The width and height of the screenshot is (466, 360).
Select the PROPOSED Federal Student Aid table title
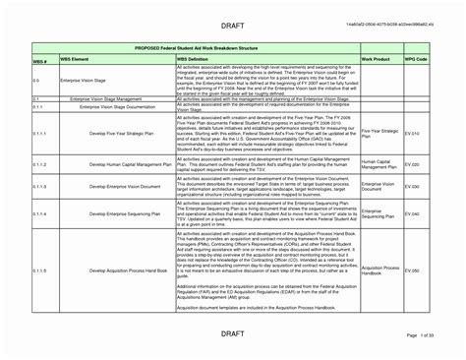tap(232, 46)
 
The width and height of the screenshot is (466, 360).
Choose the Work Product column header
tap(376, 60)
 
